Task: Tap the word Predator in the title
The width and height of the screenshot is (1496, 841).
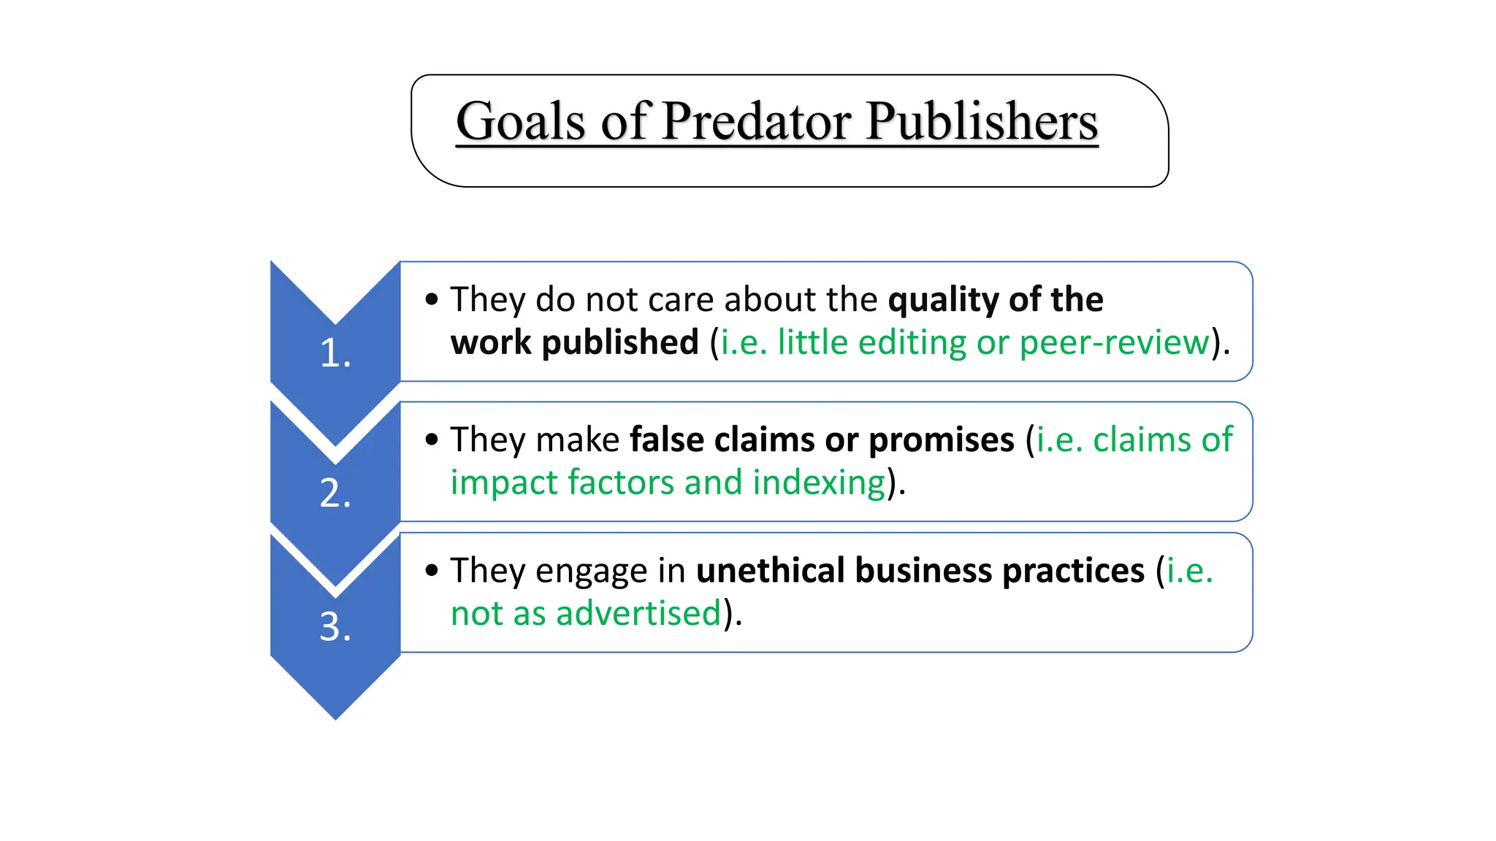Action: pyautogui.click(x=755, y=121)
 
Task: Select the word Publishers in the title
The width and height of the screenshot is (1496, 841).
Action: pyautogui.click(x=982, y=121)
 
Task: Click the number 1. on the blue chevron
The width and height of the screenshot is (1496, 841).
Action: pyautogui.click(x=335, y=353)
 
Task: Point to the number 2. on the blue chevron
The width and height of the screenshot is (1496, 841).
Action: pyautogui.click(x=335, y=494)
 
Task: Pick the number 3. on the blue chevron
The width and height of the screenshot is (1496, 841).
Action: pyautogui.click(x=335, y=626)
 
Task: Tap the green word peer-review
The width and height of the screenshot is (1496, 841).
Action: pyautogui.click(x=1115, y=342)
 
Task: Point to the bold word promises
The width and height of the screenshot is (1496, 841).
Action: pyautogui.click(x=942, y=440)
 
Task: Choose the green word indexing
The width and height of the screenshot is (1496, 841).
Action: pyautogui.click(x=819, y=483)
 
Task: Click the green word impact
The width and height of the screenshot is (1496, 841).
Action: pyautogui.click(x=504, y=483)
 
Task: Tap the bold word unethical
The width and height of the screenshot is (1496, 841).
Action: pyautogui.click(x=771, y=570)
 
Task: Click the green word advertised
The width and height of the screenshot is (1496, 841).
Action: pyautogui.click(x=638, y=613)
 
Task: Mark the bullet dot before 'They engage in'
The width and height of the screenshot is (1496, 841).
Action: pyautogui.click(x=432, y=570)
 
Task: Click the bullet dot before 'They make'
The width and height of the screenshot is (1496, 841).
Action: pyautogui.click(x=432, y=439)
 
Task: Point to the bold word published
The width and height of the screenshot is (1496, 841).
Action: pyautogui.click(x=620, y=342)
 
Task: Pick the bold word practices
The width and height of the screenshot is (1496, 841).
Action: pyautogui.click(x=1073, y=571)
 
